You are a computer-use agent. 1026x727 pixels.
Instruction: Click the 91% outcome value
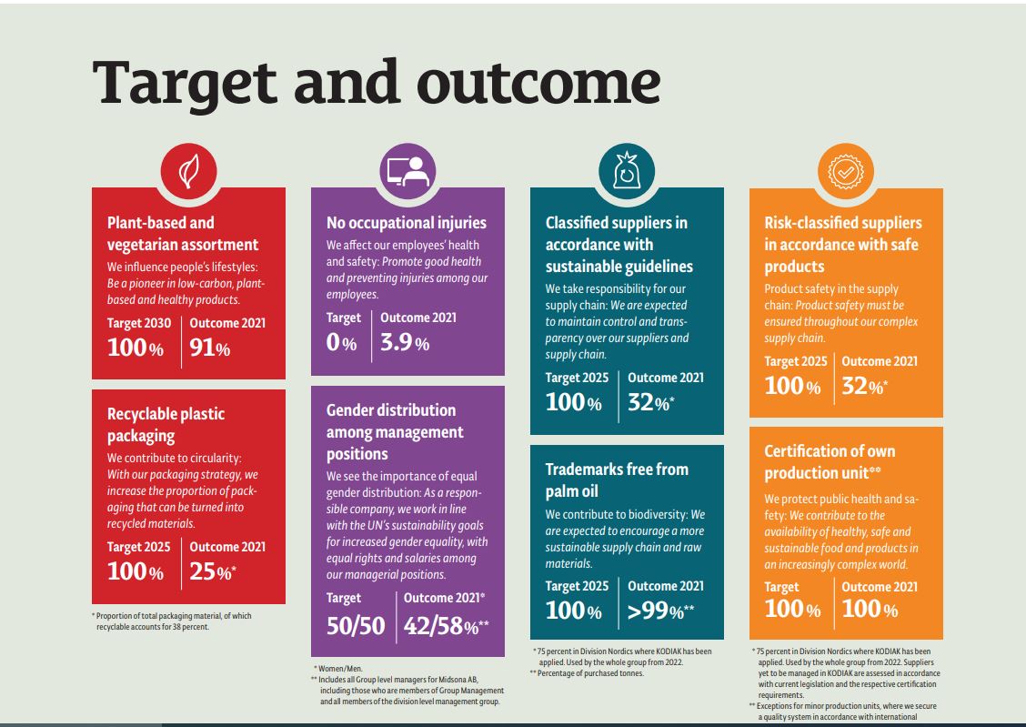[210, 348]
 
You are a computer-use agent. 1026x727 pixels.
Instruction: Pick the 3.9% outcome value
[405, 342]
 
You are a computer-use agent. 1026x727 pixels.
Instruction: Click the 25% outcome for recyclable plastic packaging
[212, 572]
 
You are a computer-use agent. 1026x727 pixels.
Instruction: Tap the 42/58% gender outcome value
[446, 625]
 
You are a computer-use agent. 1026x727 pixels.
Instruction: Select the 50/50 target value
[356, 625]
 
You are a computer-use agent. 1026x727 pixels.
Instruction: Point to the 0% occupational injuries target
[341, 343]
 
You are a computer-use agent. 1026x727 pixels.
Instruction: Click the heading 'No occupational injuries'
[407, 223]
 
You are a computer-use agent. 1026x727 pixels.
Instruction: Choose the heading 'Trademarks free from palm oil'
[617, 480]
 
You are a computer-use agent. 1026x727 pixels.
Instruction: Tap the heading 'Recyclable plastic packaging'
[166, 425]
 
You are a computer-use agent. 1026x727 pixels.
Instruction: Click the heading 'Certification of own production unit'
[830, 462]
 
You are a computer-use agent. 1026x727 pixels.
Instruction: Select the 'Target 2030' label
[139, 323]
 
